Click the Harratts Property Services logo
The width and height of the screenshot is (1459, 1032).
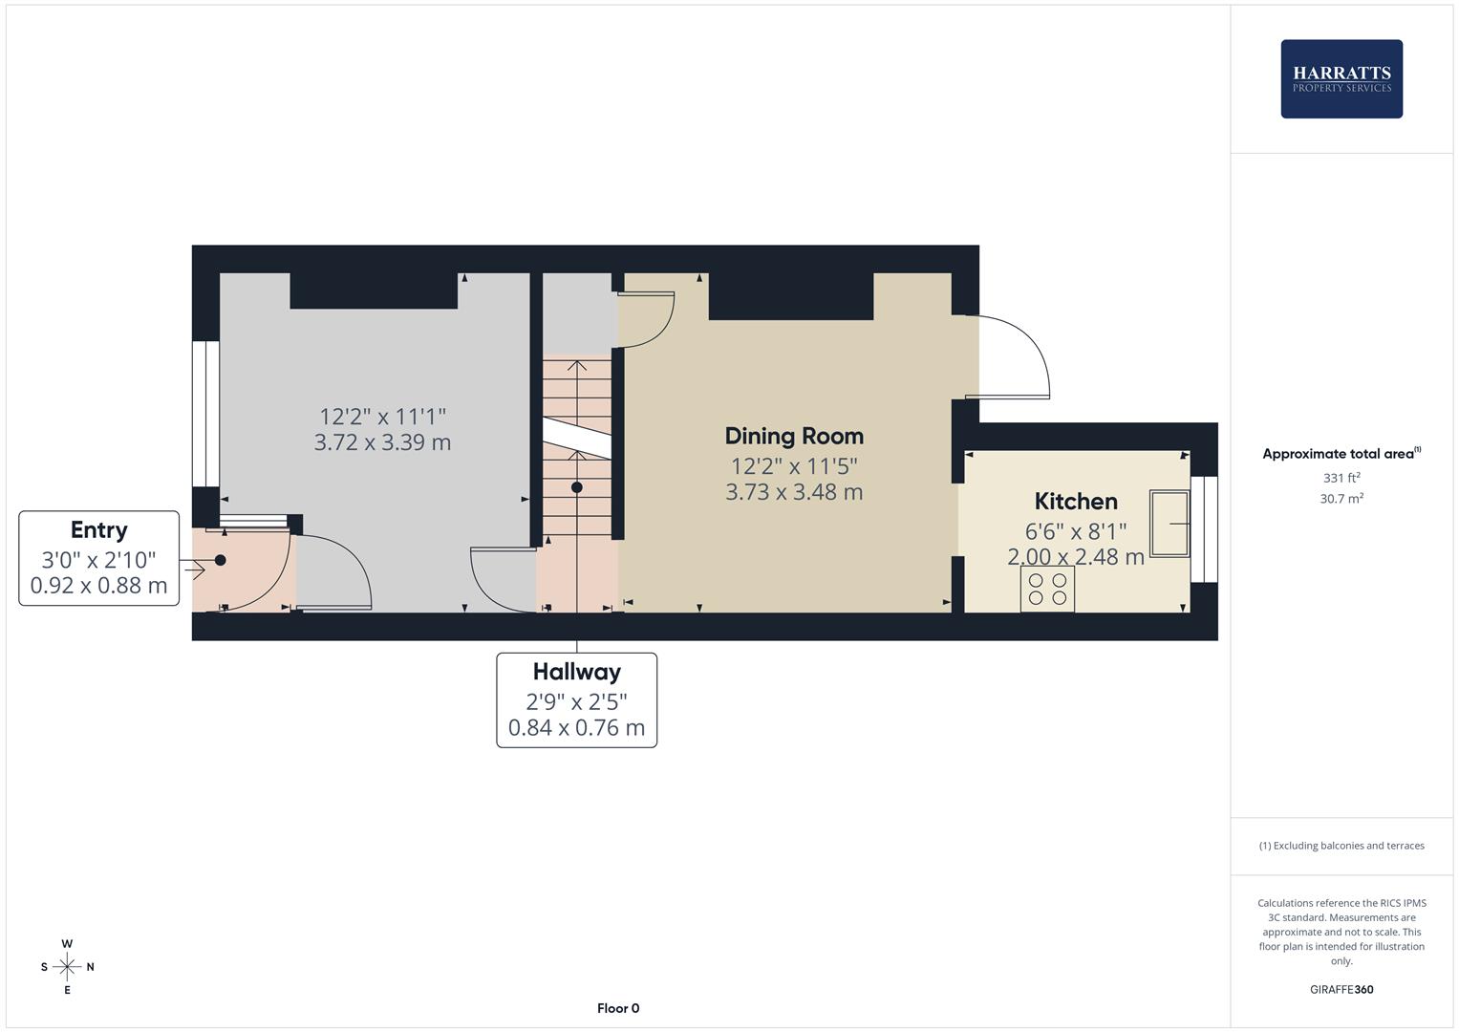[x=1341, y=78]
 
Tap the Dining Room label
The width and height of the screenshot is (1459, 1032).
[x=794, y=437]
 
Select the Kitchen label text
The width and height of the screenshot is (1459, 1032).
[x=1076, y=502]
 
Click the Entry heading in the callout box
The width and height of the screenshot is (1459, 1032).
[x=98, y=530]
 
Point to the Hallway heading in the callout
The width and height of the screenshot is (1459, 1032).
[x=576, y=672]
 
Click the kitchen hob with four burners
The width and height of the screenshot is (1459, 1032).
[x=1047, y=589]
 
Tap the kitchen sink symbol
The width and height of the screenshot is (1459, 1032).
[x=1169, y=523]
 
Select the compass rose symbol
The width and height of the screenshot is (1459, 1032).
[x=67, y=967]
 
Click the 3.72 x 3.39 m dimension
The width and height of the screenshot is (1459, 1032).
[x=382, y=442]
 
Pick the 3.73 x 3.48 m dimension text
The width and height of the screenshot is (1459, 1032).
[x=794, y=492]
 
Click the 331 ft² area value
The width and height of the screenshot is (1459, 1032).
[x=1341, y=478]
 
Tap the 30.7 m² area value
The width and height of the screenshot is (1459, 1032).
[x=1341, y=499]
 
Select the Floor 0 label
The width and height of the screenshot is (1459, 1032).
[x=618, y=1008]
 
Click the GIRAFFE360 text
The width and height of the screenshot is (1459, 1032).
[x=1341, y=990]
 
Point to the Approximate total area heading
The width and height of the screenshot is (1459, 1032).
[x=1341, y=454]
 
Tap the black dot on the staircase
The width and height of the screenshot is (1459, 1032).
[x=576, y=487]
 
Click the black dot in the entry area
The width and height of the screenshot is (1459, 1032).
[x=220, y=561]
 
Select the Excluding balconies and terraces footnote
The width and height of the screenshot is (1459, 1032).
[x=1341, y=846]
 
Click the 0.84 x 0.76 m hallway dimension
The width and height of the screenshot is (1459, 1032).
[x=576, y=728]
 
